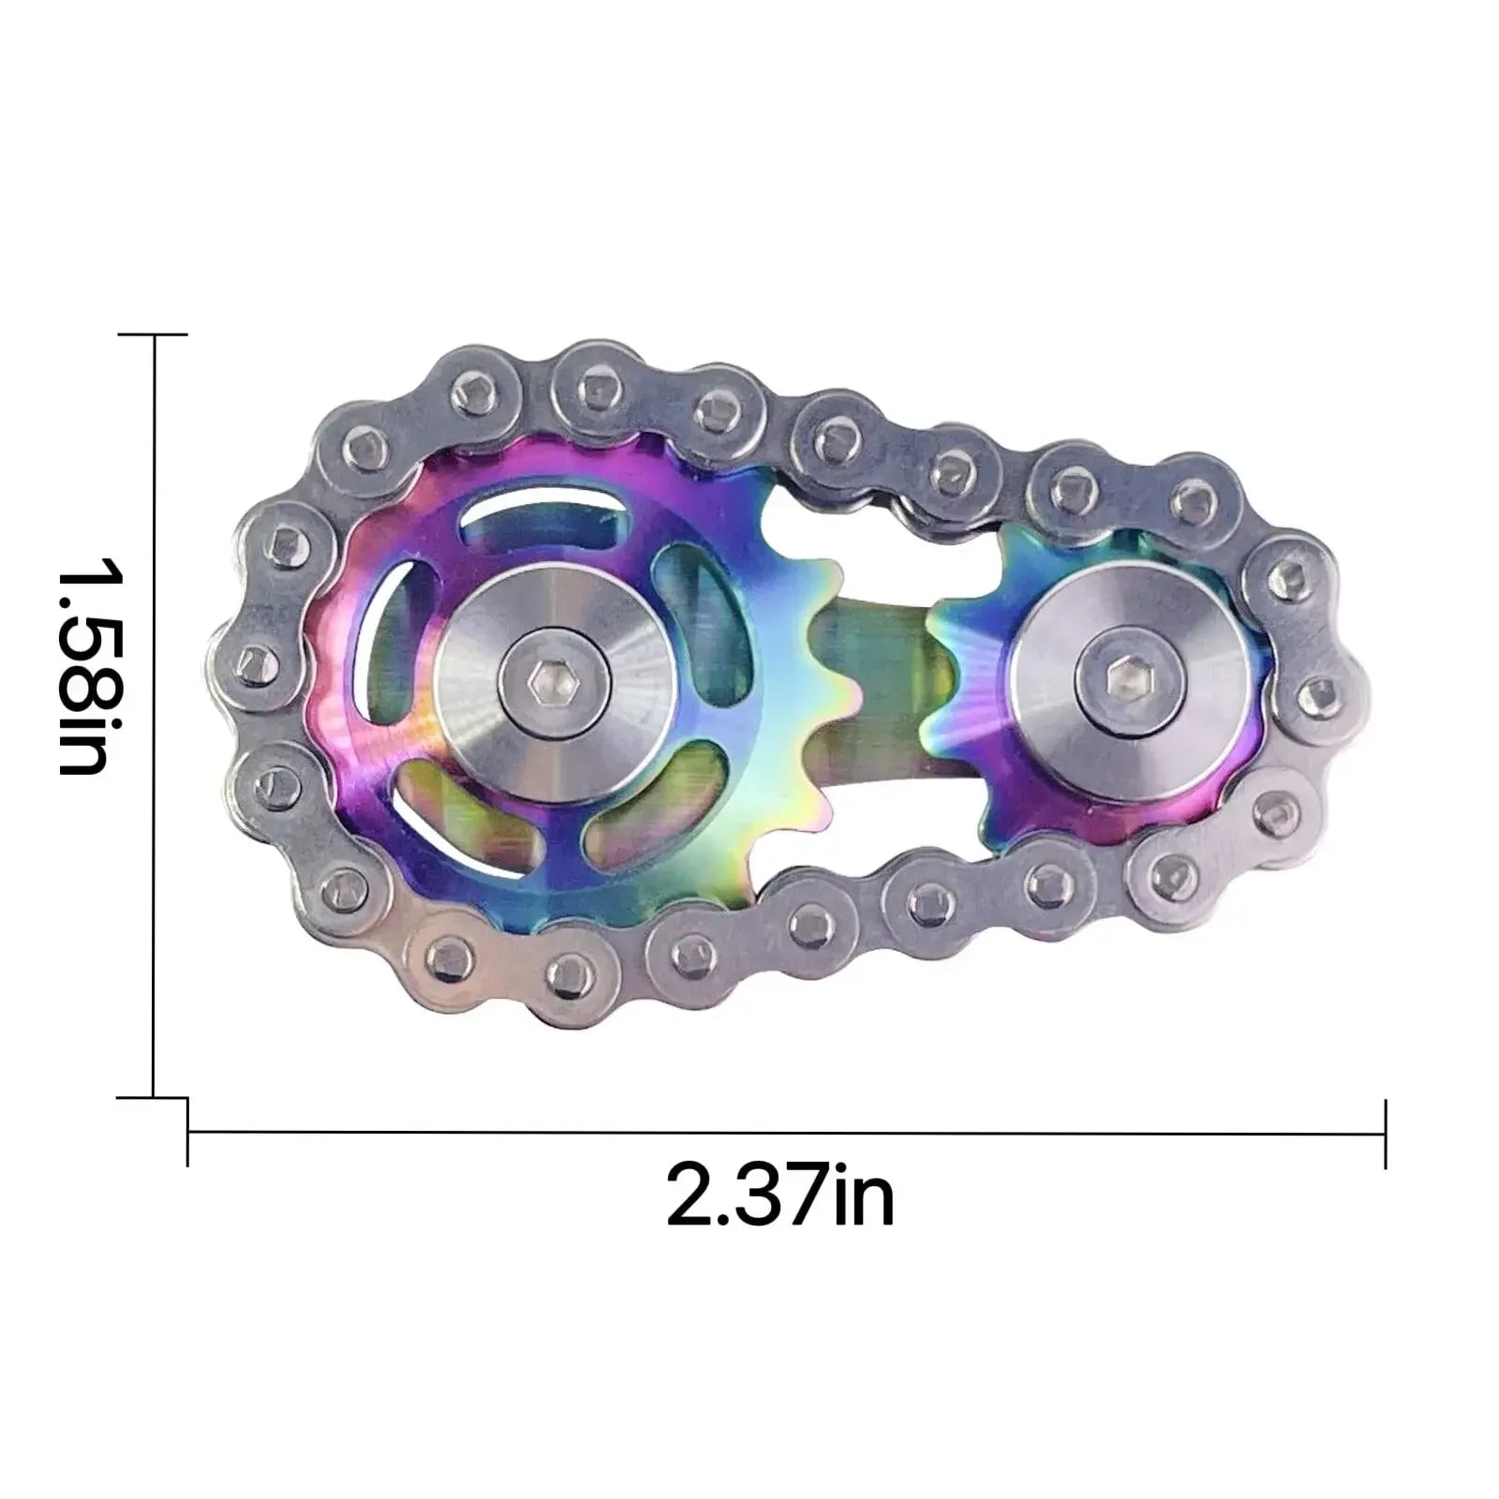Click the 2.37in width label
(779, 1194)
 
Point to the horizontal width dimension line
(787, 1134)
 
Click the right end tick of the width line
(1385, 1134)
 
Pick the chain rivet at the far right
(1323, 693)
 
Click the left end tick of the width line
(188, 1134)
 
